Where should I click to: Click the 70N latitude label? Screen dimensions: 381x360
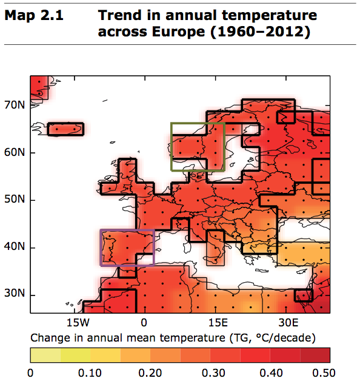tap(15, 105)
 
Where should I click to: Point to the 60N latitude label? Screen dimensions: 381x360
tap(15, 152)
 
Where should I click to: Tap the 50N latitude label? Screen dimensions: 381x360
tap(15, 200)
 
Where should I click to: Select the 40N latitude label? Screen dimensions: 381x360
tap(15, 248)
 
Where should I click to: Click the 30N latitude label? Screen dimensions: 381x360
tap(15, 295)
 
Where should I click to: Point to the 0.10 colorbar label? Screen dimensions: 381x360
tap(90, 371)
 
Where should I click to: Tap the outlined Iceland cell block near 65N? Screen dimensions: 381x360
tap(65, 129)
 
